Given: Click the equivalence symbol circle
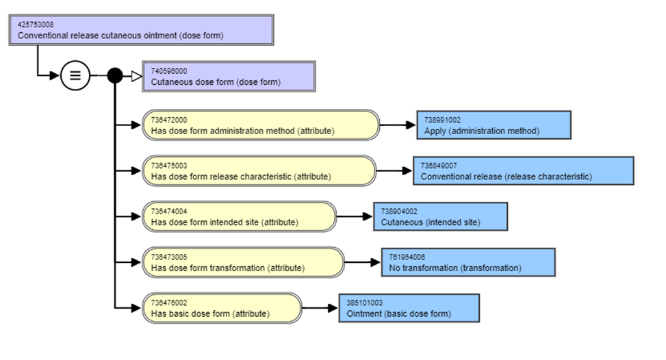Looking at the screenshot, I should [75, 76].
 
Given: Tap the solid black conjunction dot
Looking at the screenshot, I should [115, 76].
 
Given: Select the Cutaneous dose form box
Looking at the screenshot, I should [228, 76].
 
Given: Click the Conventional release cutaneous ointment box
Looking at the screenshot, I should [141, 30].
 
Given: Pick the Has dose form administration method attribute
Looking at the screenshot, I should [260, 125].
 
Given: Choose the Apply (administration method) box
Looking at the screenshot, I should [494, 125].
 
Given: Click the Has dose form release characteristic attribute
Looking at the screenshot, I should [259, 170].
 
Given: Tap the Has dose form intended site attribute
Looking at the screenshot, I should [239, 216].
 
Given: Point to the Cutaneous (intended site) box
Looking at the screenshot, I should [440, 216].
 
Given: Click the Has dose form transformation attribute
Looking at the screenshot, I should [243, 262].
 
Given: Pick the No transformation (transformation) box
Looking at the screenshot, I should [468, 262].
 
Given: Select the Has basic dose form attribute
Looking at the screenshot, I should [222, 308].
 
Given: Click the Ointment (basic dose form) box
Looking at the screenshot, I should [409, 308].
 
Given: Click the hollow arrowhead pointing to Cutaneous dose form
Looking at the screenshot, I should [136, 76].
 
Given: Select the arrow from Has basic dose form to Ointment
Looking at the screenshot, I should [320, 308].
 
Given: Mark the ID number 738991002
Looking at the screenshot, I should [442, 120].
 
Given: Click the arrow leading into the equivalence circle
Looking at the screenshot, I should [51, 76].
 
